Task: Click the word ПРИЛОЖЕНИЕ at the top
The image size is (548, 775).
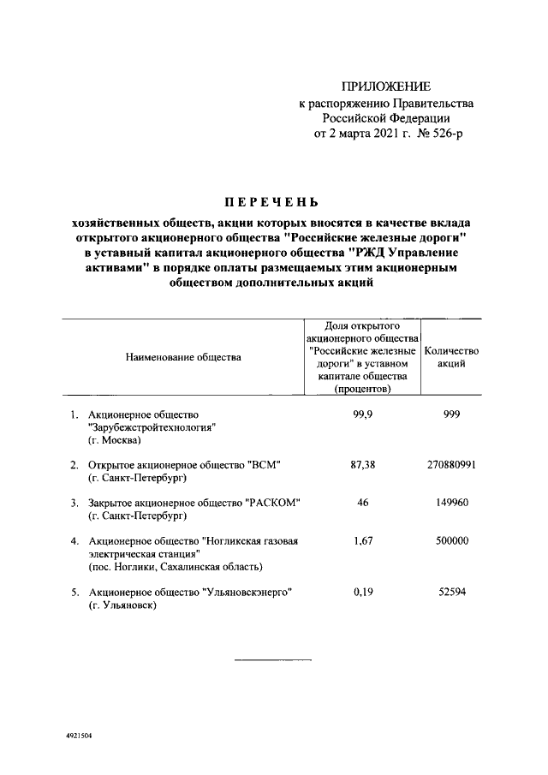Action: coord(386,86)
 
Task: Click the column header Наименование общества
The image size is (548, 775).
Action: coord(183,356)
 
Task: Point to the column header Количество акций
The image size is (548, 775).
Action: coord(451,357)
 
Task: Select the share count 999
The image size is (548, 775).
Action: coord(451,414)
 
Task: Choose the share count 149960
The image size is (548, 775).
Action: coord(451,502)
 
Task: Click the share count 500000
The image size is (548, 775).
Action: coord(451,540)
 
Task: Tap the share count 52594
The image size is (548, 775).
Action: coord(451,592)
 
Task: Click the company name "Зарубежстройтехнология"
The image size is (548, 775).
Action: coord(151,427)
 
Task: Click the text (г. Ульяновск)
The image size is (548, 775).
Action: coord(123,605)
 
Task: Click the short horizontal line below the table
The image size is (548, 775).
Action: coord(273,660)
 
